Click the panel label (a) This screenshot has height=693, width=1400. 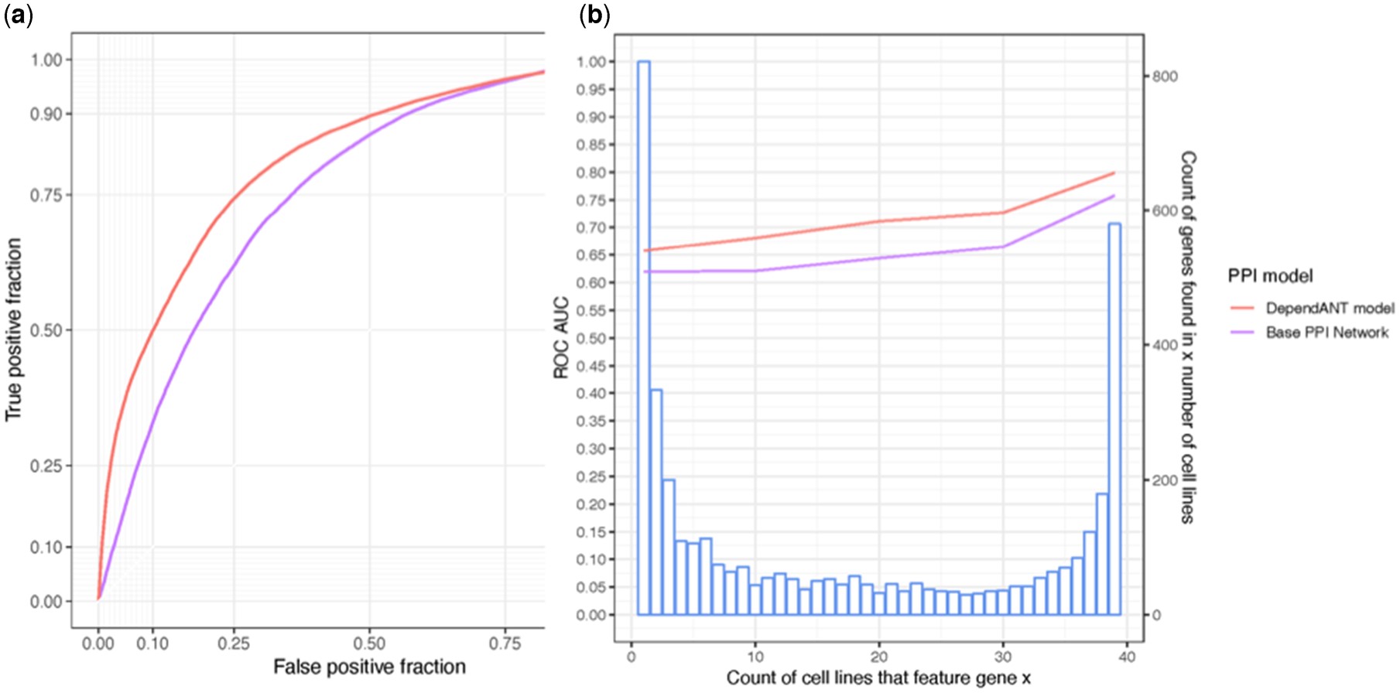(19, 16)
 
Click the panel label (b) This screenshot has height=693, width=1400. (595, 16)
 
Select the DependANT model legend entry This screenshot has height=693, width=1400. (1312, 308)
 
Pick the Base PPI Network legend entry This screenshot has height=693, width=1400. (1309, 333)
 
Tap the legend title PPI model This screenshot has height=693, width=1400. (1271, 276)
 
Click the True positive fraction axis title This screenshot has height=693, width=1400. (13, 329)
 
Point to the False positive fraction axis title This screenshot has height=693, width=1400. (369, 667)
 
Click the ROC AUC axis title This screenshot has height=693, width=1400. (561, 338)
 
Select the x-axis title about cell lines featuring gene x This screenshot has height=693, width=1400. (878, 678)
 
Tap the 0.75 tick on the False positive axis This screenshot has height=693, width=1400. (505, 643)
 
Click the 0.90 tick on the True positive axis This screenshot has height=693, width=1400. (46, 114)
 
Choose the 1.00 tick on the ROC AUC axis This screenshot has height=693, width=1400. (591, 62)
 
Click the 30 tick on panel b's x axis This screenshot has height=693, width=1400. (1003, 657)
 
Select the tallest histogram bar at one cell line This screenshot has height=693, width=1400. (644, 338)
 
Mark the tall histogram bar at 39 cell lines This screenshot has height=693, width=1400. (1114, 419)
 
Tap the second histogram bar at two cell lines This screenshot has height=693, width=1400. (656, 503)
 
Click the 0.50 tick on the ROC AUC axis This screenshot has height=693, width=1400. (591, 338)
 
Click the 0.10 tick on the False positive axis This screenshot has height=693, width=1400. (152, 643)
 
